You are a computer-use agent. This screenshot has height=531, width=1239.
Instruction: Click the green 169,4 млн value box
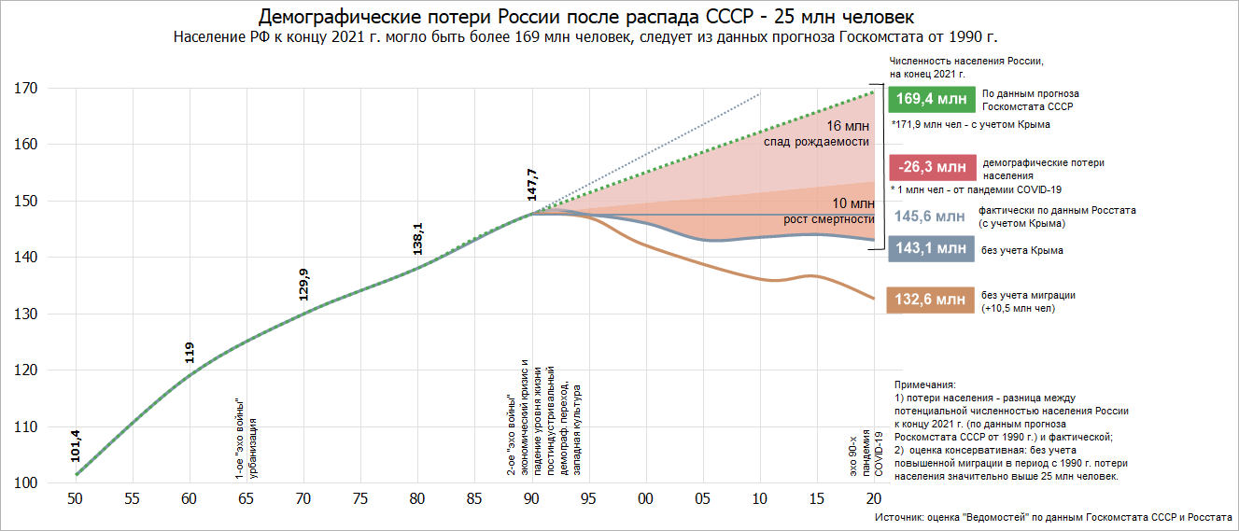tap(929, 99)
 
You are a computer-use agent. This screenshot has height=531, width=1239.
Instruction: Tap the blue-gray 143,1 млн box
tap(930, 249)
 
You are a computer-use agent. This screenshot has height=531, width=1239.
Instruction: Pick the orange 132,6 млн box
tap(930, 300)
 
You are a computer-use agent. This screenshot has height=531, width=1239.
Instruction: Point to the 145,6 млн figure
tap(930, 217)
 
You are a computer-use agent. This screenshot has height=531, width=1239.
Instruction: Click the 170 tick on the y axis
tap(24, 89)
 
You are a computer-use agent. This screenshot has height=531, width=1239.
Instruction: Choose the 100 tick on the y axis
tap(24, 483)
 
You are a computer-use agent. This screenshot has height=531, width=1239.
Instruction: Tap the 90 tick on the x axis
tap(531, 499)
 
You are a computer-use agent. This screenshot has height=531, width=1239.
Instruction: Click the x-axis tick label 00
tap(645, 499)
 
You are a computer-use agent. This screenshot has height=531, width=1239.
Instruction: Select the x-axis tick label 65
tap(246, 499)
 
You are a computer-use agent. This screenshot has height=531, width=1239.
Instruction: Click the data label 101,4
tap(75, 445)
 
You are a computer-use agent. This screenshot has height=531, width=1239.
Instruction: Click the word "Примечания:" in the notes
tap(925, 384)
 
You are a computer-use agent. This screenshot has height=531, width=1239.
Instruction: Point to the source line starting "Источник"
tap(1053, 517)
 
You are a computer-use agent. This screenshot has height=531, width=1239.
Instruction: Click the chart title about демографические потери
tap(586, 18)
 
